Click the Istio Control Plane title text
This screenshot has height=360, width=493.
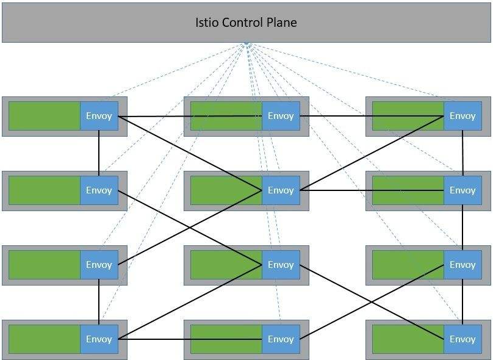[245, 23]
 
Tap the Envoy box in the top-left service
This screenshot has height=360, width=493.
[99, 116]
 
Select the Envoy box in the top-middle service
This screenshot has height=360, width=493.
[281, 116]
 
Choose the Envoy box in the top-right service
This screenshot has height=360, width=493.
[462, 116]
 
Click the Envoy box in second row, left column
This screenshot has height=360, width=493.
[99, 190]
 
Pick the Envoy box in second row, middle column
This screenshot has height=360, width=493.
[281, 190]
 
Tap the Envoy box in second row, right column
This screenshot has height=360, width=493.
[462, 190]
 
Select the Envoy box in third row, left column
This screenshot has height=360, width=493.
[99, 265]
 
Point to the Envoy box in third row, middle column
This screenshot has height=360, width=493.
[281, 265]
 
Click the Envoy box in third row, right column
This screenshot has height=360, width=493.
[462, 265]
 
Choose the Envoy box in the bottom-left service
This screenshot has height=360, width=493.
[99, 339]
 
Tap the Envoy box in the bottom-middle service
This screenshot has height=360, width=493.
[281, 339]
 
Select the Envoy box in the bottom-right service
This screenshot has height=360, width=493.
[462, 339]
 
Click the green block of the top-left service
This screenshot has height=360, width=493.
[44, 116]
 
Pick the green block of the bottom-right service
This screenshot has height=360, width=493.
[408, 339]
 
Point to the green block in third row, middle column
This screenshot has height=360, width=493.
[226, 265]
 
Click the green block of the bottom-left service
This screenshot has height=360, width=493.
[44, 339]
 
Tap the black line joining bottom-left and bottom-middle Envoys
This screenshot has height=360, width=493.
[153, 339]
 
